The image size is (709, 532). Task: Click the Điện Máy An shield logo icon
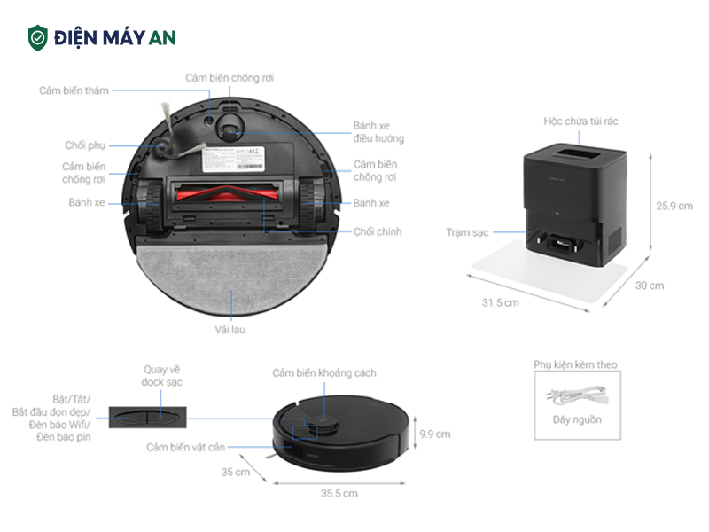pyautogui.click(x=37, y=37)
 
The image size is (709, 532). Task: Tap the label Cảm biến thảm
pyautogui.click(x=73, y=90)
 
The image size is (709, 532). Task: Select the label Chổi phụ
pyautogui.click(x=84, y=145)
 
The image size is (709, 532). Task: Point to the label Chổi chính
pyautogui.click(x=378, y=231)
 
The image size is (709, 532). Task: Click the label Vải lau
pyautogui.click(x=230, y=330)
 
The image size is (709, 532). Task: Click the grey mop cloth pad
pyautogui.click(x=230, y=275)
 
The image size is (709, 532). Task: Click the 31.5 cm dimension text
pyautogui.click(x=500, y=302)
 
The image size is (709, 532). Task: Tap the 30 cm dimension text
pyautogui.click(x=650, y=286)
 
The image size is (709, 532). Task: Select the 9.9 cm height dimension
pyautogui.click(x=435, y=434)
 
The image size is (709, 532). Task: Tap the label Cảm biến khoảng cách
pyautogui.click(x=324, y=373)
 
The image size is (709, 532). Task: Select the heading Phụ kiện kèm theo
pyautogui.click(x=575, y=364)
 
